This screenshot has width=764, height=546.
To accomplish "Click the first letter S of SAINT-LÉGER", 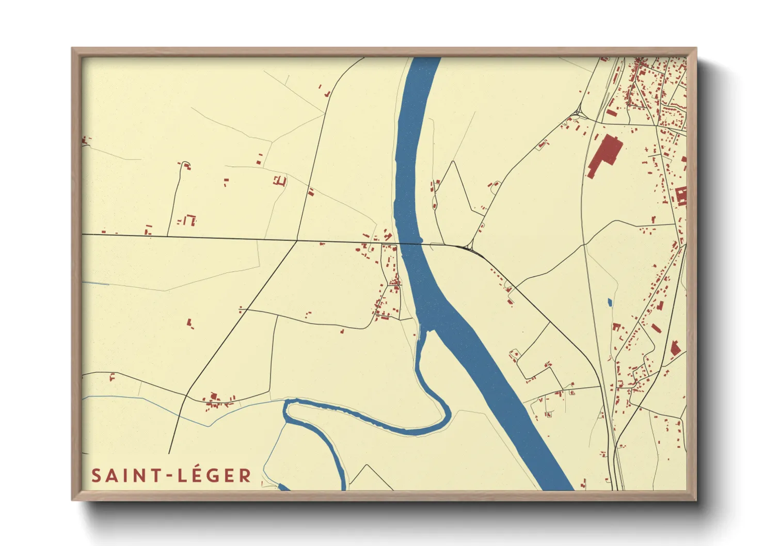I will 96,476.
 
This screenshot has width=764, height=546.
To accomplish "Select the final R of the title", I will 245,476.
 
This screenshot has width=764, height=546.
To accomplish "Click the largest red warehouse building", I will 604,153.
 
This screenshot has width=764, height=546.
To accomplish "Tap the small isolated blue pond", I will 610,302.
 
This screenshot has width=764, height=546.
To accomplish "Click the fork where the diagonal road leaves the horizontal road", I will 297,240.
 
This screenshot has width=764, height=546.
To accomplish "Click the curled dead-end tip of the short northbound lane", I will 185,165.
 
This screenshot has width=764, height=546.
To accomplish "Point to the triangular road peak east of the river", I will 453,162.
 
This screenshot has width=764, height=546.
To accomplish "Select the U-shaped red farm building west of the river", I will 280,181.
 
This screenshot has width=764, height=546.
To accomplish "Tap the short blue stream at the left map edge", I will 96,283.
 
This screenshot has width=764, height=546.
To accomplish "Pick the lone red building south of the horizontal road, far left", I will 190,323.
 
